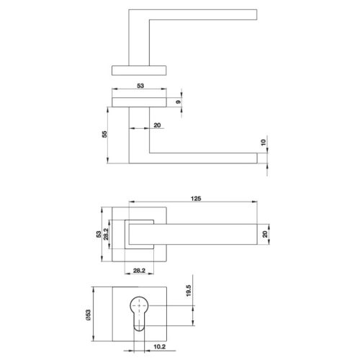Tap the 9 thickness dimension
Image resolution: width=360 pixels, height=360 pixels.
[x=189, y=102]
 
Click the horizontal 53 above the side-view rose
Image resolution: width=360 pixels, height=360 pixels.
[x=140, y=86]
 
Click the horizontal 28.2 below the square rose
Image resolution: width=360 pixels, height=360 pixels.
[x=140, y=271]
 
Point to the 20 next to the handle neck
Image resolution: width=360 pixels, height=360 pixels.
[x=157, y=125]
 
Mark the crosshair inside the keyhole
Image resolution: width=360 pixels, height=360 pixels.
[x=140, y=305]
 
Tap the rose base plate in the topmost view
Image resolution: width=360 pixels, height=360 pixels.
[x=140, y=68]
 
